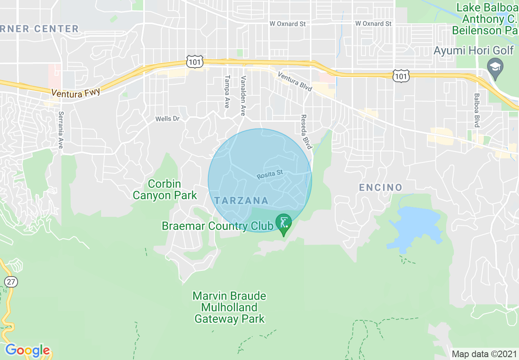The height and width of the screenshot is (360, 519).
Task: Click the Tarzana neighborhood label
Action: [241, 200]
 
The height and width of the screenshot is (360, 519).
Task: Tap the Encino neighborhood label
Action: [381, 187]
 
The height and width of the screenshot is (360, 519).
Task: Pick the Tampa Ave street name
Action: [226, 92]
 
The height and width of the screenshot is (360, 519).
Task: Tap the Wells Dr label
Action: [167, 119]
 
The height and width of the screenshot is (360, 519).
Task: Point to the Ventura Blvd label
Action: [295, 82]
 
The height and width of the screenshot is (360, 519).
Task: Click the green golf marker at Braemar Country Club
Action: [283, 223]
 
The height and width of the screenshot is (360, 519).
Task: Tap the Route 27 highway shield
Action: [10, 281]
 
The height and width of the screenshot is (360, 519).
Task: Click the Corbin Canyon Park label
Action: [165, 189]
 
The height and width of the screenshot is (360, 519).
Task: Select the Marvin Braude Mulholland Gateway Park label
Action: [230, 307]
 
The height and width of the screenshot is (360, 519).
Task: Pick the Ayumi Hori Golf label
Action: [474, 51]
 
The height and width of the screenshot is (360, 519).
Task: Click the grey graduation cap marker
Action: [496, 67]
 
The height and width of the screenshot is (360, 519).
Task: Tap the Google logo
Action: [27, 350]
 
